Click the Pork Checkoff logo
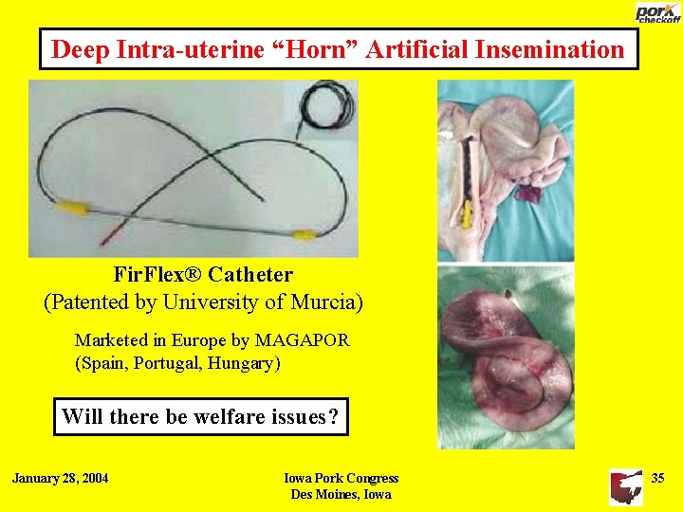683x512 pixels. pos(657,12)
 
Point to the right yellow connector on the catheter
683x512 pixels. pos(304,235)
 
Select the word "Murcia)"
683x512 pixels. pos(330,303)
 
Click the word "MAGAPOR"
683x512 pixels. pos(302,339)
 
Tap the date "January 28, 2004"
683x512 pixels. pos(60,478)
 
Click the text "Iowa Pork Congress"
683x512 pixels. pos(341,478)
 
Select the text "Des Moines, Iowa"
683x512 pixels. pos(341,494)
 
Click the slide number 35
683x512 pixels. pos(657,478)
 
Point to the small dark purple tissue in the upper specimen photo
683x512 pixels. pos(526,192)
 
